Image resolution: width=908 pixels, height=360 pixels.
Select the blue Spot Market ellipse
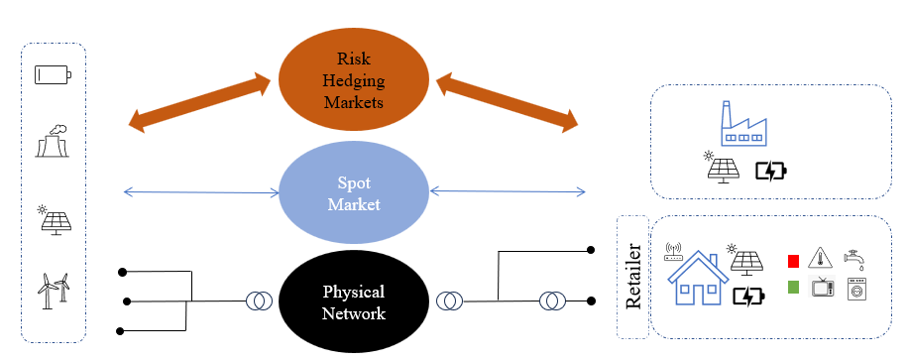[354, 193]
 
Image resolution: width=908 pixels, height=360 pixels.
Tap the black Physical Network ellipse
[354, 302]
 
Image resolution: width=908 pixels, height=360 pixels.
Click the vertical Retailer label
[633, 277]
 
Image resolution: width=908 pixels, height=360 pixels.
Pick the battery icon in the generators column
[53, 74]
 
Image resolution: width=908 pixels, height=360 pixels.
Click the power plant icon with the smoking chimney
[53, 141]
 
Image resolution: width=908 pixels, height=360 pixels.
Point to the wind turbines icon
[54, 288]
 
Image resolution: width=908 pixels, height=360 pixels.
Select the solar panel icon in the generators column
[55, 220]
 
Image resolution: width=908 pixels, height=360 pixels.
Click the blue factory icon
[743, 124]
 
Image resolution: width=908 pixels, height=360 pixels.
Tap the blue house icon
[699, 278]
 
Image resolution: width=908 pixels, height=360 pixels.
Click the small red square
[793, 262]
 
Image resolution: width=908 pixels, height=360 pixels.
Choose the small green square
[793, 287]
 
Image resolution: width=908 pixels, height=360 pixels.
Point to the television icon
[823, 287]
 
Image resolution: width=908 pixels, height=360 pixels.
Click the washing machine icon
[856, 289]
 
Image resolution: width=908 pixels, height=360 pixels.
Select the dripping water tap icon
[854, 259]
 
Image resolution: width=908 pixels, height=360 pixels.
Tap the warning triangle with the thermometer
[820, 258]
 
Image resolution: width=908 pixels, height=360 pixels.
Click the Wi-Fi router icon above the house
[672, 251]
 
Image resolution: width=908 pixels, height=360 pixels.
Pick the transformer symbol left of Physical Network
[259, 300]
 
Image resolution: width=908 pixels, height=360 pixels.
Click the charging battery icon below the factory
[772, 171]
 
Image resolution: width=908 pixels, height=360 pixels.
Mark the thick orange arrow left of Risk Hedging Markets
[199, 102]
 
